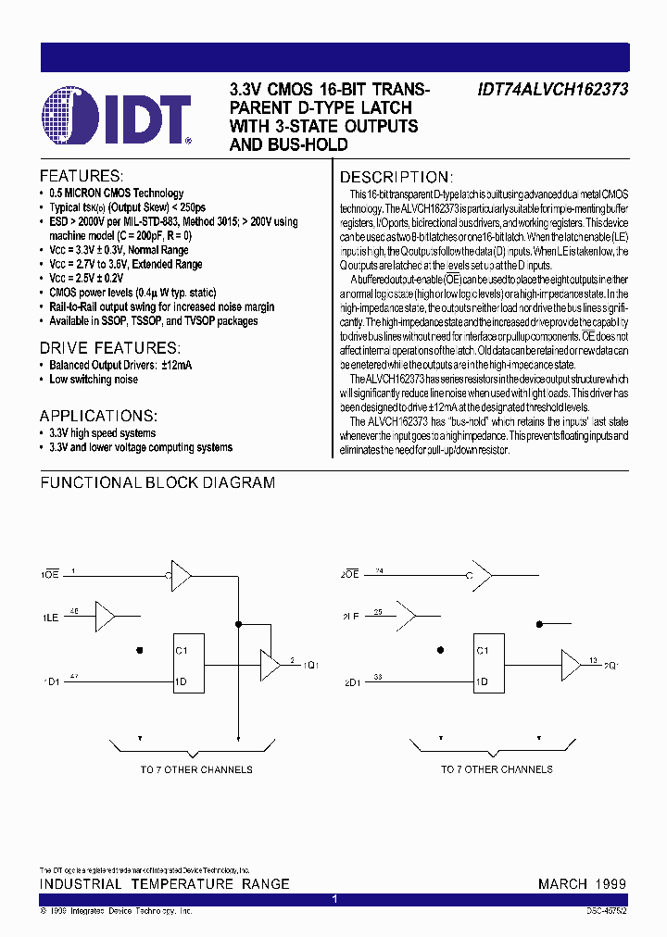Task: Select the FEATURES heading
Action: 81,176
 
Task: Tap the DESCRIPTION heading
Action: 396,177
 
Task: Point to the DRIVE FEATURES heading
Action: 109,347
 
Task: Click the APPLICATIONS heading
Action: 98,416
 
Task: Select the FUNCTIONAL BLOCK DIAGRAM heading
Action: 157,482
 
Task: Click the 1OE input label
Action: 50,575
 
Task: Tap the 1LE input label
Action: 50,616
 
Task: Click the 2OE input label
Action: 349,575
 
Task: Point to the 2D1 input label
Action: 351,682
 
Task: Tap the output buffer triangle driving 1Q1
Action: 270,663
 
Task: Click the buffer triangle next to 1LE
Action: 106,614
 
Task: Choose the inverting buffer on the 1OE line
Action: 180,575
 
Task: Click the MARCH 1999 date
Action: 582,884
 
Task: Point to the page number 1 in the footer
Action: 334,899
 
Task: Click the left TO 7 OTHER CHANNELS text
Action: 196,769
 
